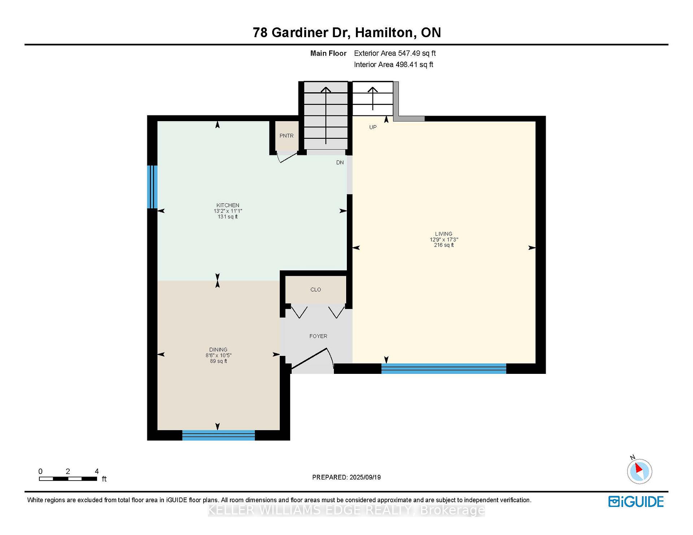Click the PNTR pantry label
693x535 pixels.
click(286, 136)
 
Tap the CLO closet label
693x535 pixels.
click(315, 289)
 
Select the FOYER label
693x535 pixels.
click(318, 336)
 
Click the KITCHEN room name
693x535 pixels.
click(228, 205)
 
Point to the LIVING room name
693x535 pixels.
click(444, 234)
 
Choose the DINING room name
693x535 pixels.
click(218, 350)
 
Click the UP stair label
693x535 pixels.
click(373, 127)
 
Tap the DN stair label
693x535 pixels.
click(340, 163)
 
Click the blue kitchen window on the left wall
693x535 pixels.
click(152, 187)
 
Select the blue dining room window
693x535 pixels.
click(218, 435)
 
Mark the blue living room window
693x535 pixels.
click(444, 368)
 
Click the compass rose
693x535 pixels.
click(639, 471)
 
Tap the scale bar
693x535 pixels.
click(68, 479)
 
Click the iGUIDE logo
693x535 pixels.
click(636, 501)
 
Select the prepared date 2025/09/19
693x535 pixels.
click(365, 477)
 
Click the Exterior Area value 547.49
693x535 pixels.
click(409, 53)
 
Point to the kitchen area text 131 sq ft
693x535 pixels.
click(228, 217)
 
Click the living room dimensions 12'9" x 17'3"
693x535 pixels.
click(444, 239)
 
